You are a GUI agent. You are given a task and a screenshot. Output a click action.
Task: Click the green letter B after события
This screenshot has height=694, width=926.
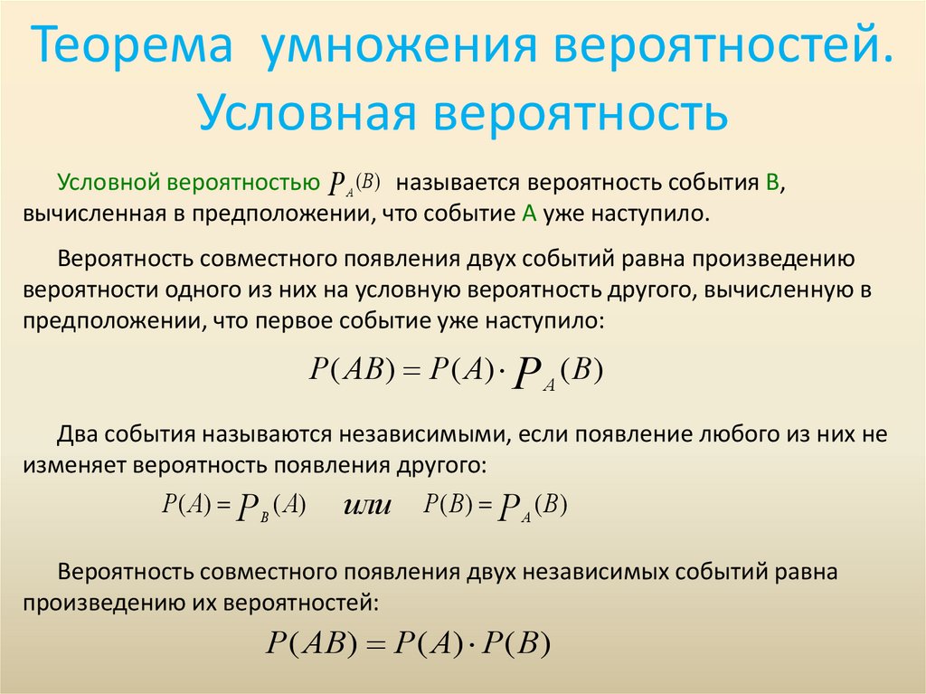pos(771,182)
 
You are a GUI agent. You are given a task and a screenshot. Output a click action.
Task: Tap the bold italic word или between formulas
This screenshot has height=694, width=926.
pos(366,506)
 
